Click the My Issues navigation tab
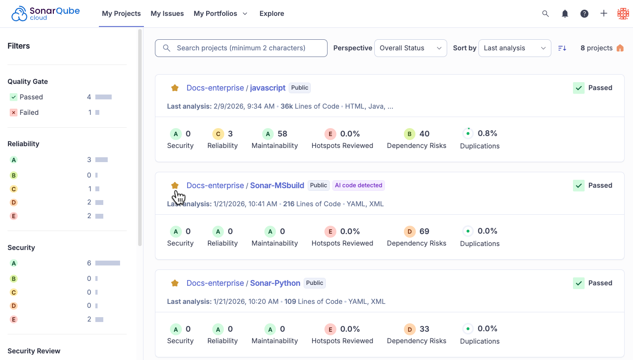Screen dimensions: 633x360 point(167,14)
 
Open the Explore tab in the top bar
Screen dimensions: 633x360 point(271,14)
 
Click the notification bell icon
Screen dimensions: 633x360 point(565,14)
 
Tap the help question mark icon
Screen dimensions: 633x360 point(584,14)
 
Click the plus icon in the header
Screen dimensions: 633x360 point(603,13)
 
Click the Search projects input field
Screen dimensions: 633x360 point(241,48)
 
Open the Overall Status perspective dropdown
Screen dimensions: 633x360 point(411,48)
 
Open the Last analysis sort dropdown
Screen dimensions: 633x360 point(515,48)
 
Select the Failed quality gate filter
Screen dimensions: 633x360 point(29,113)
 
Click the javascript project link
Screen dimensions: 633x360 point(268,88)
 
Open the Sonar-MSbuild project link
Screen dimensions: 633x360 point(277,186)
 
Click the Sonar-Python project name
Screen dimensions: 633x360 point(275,283)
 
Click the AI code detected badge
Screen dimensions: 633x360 point(358,185)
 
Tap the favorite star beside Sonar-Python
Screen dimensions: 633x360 point(175,283)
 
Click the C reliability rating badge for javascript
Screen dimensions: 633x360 point(218,134)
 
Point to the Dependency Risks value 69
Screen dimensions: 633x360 point(424,231)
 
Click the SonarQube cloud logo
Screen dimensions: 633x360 point(45,14)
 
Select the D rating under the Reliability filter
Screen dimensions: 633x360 point(14,202)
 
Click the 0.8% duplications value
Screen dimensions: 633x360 point(487,133)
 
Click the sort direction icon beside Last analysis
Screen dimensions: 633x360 point(562,48)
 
